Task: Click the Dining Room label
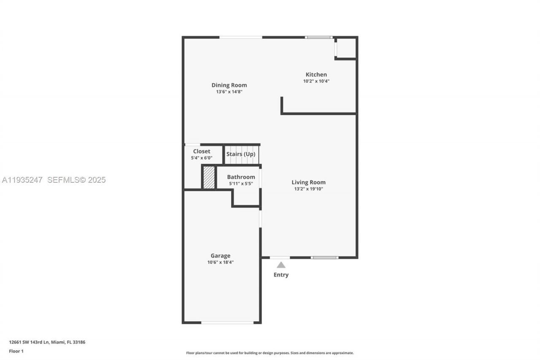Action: point(229,85)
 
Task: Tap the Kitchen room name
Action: point(316,75)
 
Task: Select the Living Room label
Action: point(308,182)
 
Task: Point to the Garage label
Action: point(220,256)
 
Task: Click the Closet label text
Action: point(202,152)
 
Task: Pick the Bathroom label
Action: point(241,177)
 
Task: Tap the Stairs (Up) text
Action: point(241,154)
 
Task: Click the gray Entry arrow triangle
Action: point(281,265)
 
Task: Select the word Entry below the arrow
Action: point(281,275)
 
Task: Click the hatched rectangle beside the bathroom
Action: point(209,178)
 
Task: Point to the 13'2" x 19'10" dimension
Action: point(308,189)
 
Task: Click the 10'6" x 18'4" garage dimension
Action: point(220,262)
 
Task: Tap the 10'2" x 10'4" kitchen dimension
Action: point(316,81)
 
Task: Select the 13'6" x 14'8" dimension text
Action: point(229,92)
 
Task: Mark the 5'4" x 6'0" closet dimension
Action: point(202,158)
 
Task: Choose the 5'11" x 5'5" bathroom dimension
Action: point(241,184)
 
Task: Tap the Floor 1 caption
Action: point(16,351)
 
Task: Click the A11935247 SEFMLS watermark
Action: point(54,180)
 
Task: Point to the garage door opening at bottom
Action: point(227,323)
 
